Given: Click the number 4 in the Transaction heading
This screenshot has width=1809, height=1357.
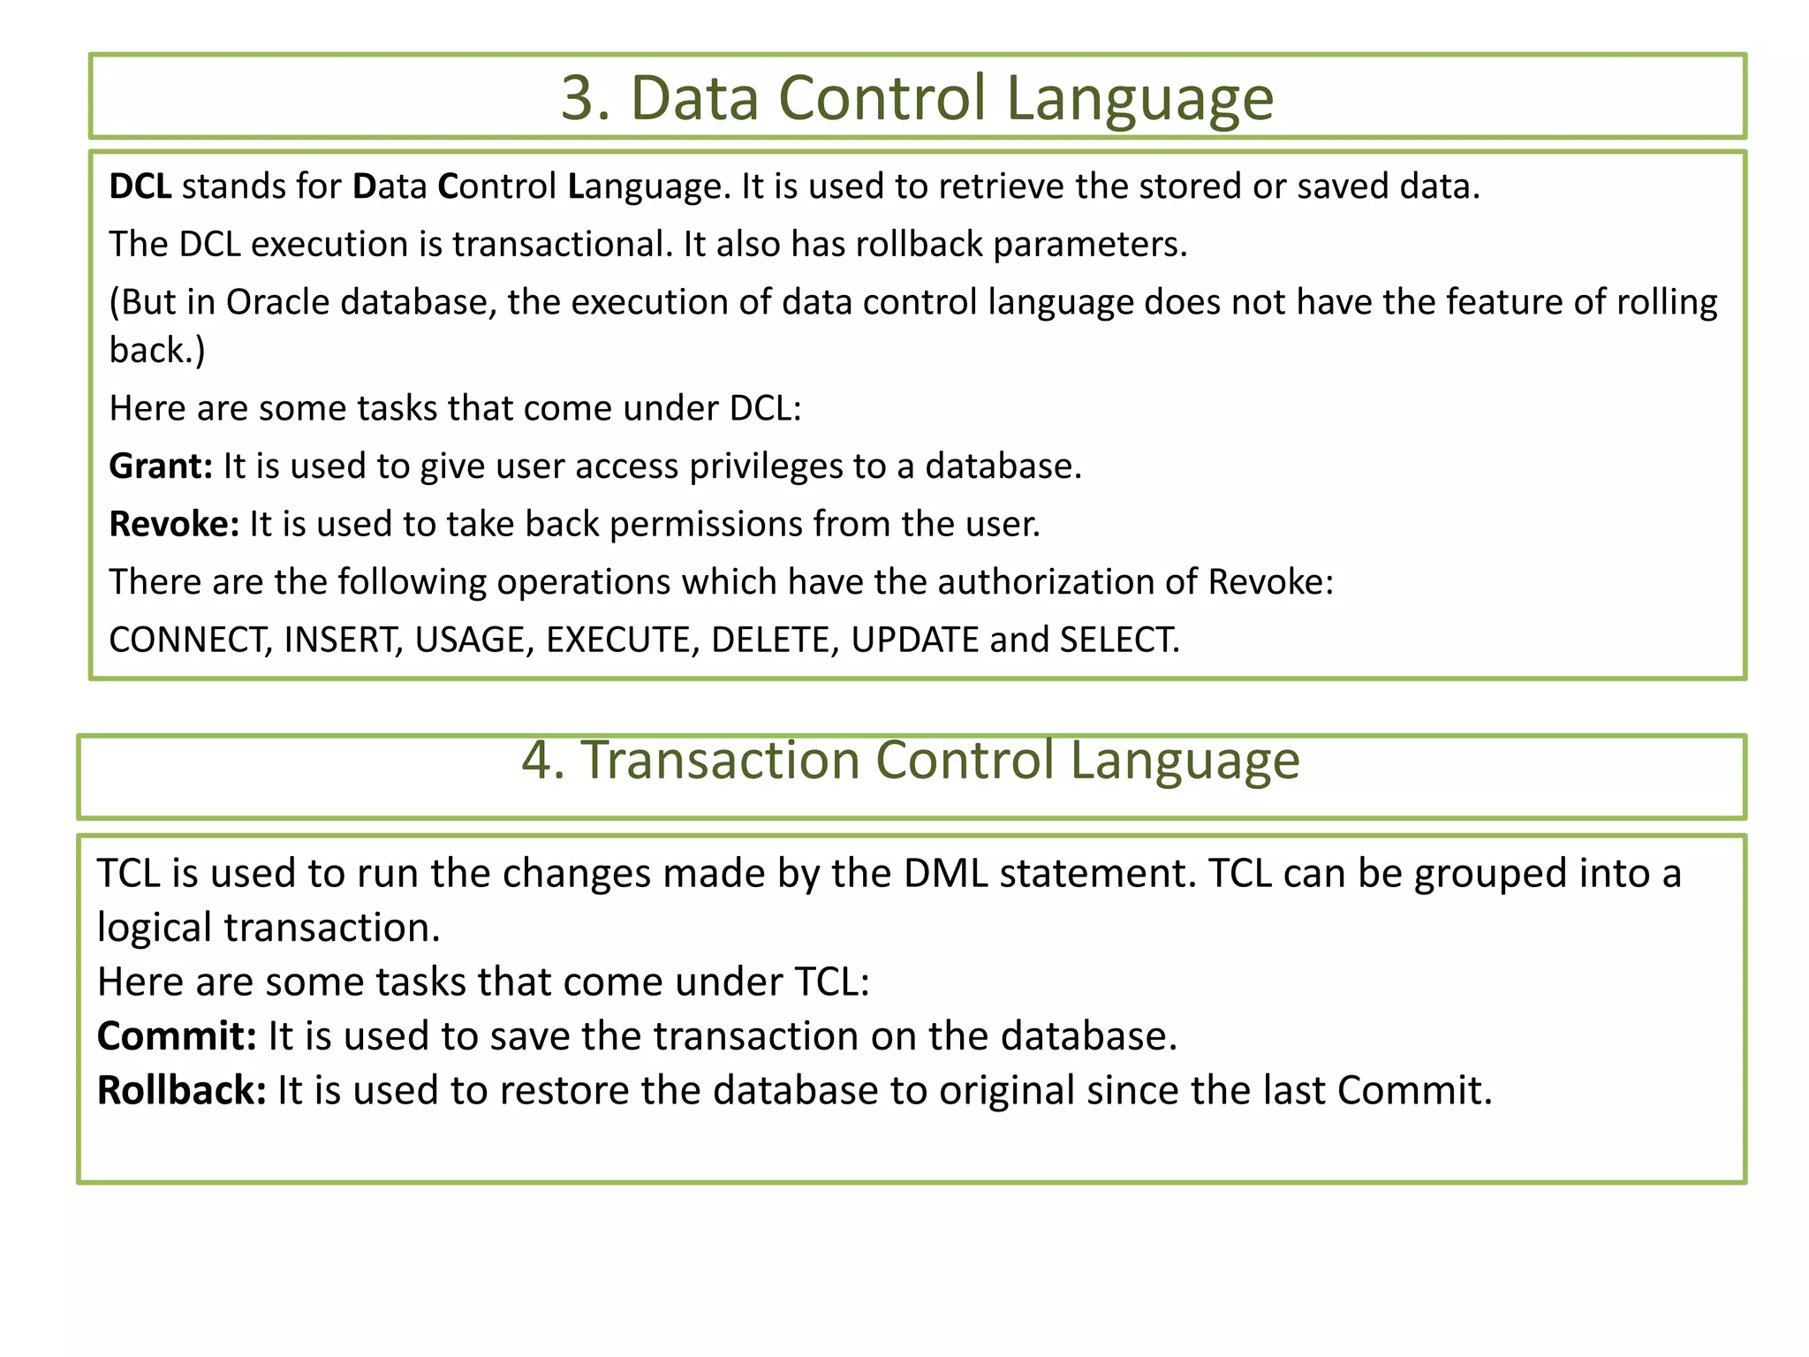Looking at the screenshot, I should coord(538,760).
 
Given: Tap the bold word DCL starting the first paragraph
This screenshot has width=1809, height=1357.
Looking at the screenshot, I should coord(140,186).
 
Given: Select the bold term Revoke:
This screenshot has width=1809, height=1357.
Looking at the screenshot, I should coord(174,524).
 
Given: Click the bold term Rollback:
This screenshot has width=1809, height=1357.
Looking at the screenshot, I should coord(181,1090).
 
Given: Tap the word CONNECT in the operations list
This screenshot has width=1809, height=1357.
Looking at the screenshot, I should coord(189,640).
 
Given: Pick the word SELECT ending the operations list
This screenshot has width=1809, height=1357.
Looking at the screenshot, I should coord(1118,640).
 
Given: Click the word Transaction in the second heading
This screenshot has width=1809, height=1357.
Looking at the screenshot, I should coord(719,760).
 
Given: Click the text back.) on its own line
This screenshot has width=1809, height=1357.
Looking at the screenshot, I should coord(157,351).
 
